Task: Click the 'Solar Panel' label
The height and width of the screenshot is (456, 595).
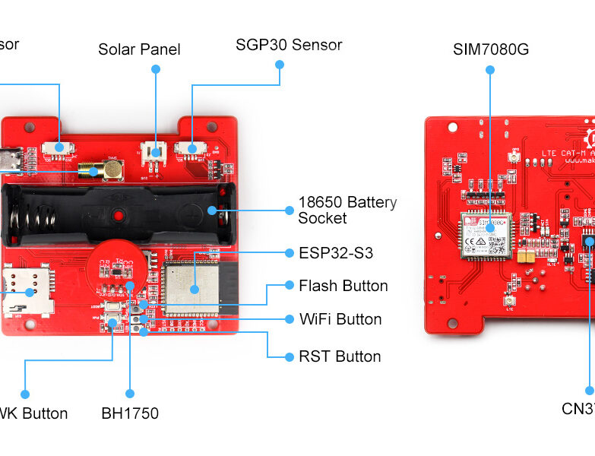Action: [x=139, y=49]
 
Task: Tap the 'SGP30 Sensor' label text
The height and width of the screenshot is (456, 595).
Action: [x=289, y=45]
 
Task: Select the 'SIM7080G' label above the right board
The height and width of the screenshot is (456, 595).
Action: [x=490, y=49]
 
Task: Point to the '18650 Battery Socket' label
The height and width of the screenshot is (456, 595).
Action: [x=347, y=211]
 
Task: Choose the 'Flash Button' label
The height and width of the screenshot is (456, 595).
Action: [x=343, y=286]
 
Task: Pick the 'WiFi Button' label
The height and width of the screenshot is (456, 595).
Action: [x=340, y=319]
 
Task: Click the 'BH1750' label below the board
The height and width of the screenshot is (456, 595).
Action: [x=130, y=414]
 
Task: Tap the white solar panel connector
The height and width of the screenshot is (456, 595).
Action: [x=156, y=150]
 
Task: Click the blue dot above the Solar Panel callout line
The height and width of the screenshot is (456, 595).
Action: [x=156, y=68]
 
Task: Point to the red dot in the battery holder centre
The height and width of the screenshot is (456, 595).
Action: [x=119, y=217]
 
